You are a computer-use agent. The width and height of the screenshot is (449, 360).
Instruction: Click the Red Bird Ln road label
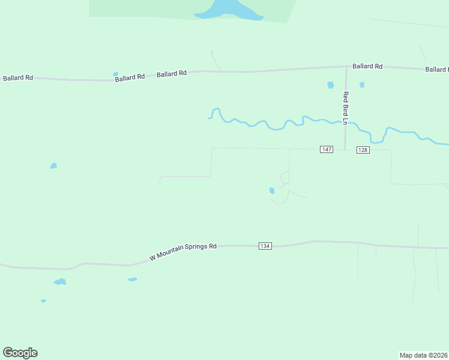[346, 108]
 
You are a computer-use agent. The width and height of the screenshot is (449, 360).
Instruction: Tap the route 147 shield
[326, 149]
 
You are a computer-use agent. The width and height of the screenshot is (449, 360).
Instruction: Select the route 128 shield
[363, 150]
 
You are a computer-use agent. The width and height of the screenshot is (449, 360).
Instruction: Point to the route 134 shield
[265, 246]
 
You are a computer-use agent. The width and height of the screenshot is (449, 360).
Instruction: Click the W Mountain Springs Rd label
[183, 251]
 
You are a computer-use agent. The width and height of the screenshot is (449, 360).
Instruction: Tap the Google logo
[20, 353]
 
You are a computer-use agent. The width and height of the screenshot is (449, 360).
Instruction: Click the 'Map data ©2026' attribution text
[424, 355]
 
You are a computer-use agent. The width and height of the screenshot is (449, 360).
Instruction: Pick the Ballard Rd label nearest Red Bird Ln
[367, 66]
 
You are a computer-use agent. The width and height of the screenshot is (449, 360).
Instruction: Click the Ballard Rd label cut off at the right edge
[437, 70]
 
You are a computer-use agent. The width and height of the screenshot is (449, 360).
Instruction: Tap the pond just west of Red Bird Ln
[330, 85]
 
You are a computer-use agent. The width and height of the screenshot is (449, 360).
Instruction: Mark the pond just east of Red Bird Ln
[361, 85]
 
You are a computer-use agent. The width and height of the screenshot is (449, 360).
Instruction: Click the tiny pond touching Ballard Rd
[115, 74]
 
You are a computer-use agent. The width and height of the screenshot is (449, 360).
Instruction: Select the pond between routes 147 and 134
[272, 191]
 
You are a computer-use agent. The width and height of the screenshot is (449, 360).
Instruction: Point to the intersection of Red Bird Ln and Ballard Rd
[346, 67]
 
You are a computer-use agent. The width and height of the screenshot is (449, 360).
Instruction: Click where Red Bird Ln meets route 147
[345, 149]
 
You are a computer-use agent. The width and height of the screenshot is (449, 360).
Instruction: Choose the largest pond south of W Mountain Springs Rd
[59, 281]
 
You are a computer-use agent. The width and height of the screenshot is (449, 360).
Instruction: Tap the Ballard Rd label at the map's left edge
[18, 79]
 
